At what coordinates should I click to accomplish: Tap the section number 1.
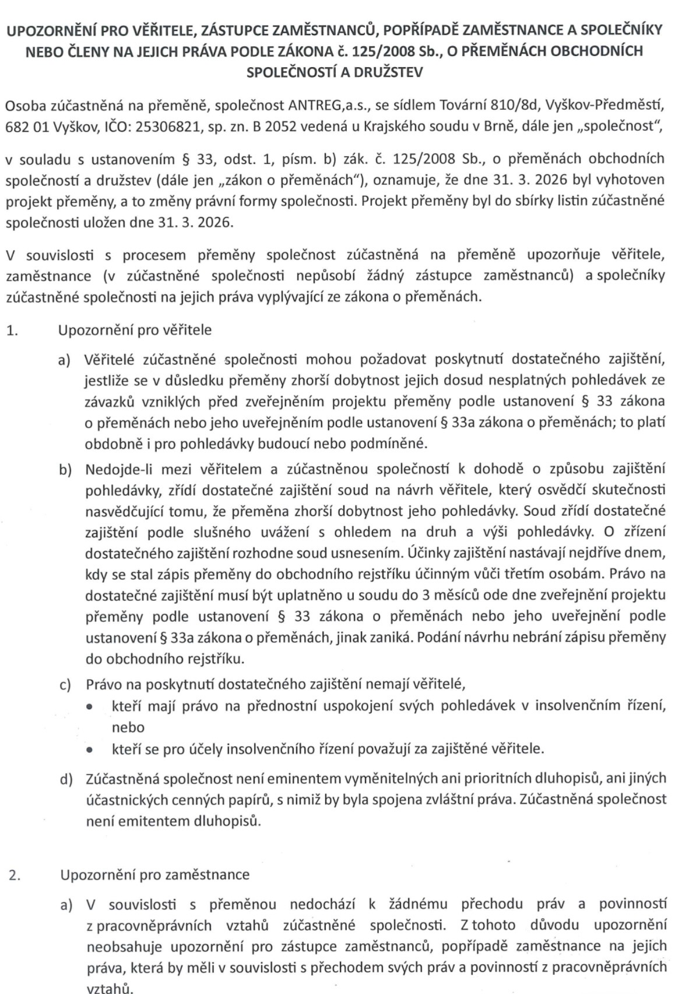tap(13, 330)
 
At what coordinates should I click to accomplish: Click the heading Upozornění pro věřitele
tap(135, 330)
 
